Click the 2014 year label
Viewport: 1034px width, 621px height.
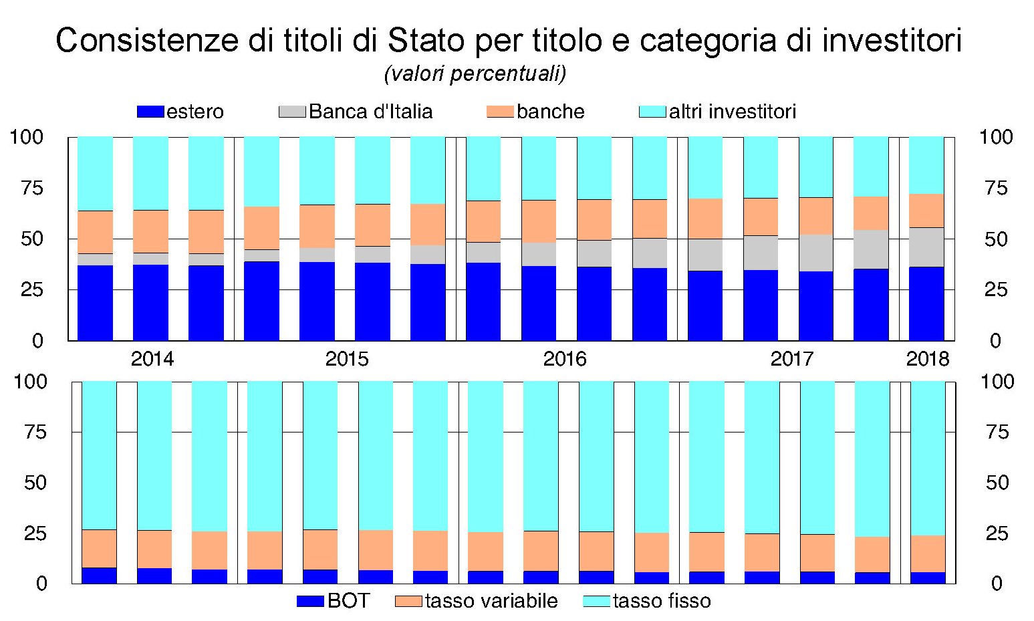point(152,359)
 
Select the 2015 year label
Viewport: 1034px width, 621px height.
point(346,359)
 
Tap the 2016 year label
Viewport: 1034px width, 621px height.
point(565,359)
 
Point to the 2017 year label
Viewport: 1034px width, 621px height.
point(792,359)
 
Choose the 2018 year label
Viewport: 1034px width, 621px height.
point(927,359)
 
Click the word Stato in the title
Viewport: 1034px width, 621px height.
point(426,41)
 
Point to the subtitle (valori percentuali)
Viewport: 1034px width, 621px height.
point(475,74)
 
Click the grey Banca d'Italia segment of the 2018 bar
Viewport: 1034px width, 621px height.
point(926,247)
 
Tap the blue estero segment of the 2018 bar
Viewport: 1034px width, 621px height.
point(926,304)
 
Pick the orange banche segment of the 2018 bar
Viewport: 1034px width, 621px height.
point(926,211)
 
